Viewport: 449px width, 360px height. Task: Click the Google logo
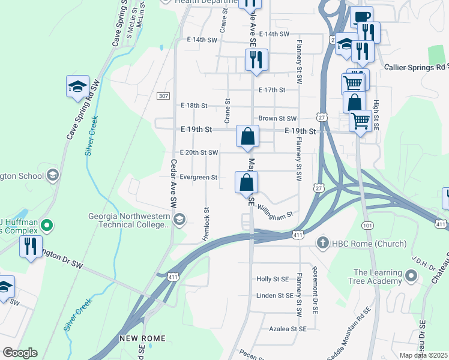(20, 353)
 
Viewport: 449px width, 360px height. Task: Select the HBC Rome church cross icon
(322, 243)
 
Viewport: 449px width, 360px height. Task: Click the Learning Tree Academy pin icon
(411, 277)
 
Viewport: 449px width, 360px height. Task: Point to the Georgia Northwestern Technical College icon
(178, 220)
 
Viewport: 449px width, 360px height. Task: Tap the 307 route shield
(163, 96)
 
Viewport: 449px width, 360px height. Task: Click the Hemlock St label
(205, 224)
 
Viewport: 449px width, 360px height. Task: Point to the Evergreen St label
(198, 178)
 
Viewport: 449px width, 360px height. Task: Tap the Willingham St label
(274, 211)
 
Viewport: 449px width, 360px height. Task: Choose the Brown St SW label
(277, 119)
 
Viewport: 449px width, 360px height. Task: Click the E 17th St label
(271, 90)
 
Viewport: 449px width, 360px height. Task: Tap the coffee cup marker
(361, 17)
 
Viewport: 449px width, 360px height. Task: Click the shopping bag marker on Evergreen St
(246, 183)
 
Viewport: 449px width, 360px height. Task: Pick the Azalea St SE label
(288, 329)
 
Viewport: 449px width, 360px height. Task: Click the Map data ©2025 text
(423, 355)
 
